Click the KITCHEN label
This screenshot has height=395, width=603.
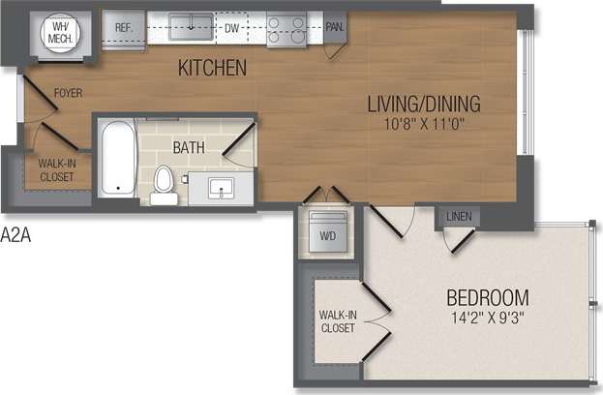click(212, 69)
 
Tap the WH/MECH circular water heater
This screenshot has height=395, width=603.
click(60, 34)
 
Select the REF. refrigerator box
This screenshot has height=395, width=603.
click(124, 29)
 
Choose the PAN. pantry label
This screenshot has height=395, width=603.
click(335, 28)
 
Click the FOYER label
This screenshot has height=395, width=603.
click(67, 94)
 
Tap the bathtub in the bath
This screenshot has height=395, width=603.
click(117, 157)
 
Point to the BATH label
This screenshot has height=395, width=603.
click(189, 148)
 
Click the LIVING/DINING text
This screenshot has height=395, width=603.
click(423, 104)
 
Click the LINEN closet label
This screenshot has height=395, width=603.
click(460, 216)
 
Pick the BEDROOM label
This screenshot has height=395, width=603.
click(487, 297)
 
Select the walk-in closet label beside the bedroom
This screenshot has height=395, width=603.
click(337, 321)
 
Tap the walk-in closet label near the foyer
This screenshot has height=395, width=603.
click(57, 169)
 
